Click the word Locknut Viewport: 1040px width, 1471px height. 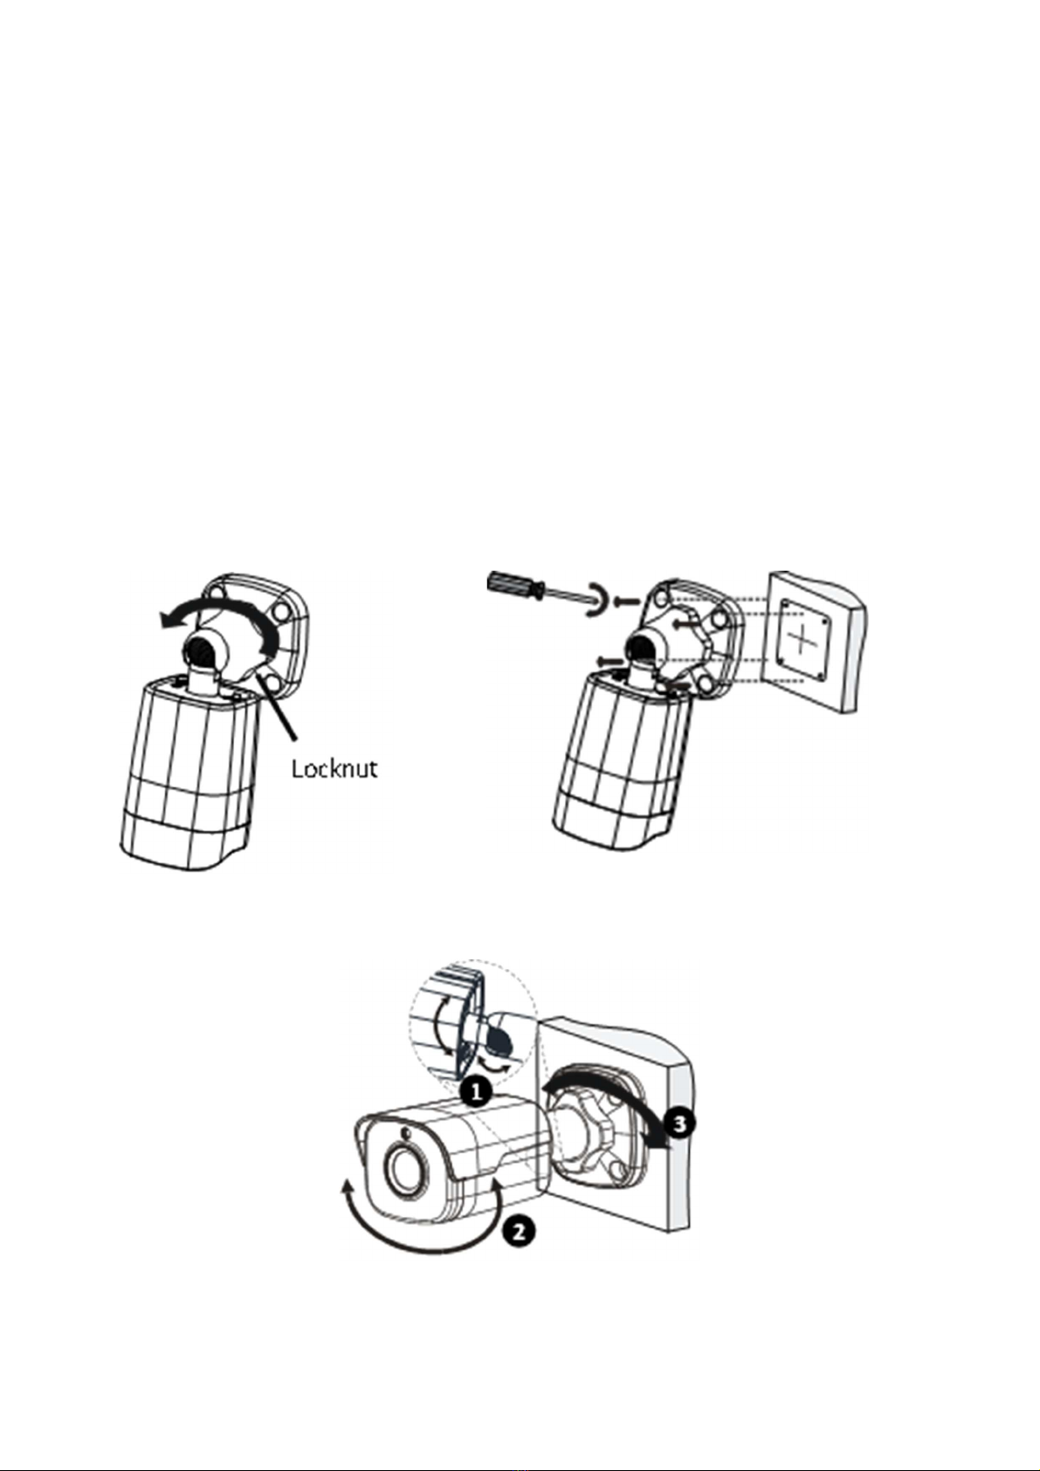click(334, 768)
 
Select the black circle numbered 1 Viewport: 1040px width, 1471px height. click(474, 1091)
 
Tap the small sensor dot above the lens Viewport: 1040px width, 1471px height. click(404, 1133)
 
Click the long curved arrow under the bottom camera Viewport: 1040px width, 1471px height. click(419, 1240)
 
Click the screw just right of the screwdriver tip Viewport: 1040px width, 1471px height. click(625, 601)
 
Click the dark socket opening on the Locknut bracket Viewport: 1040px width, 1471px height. click(199, 650)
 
